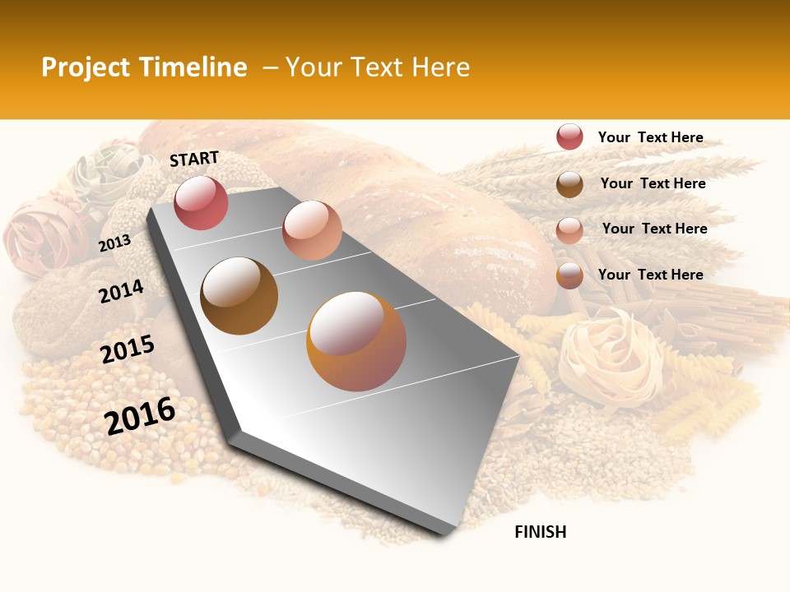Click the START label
click(x=194, y=159)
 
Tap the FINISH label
click(x=541, y=532)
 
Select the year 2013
click(x=115, y=243)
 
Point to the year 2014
click(x=121, y=291)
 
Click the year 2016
click(x=140, y=415)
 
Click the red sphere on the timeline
click(x=201, y=202)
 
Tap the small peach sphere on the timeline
click(x=312, y=230)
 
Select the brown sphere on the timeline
click(x=239, y=295)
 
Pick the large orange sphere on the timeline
click(x=356, y=341)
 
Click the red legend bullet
click(x=569, y=136)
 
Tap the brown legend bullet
click(x=569, y=184)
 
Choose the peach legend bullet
click(x=569, y=229)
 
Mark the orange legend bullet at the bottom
click(x=569, y=275)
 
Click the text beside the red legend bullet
click(x=650, y=137)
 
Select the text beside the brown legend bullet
click(x=653, y=183)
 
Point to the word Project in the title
click(x=86, y=67)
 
